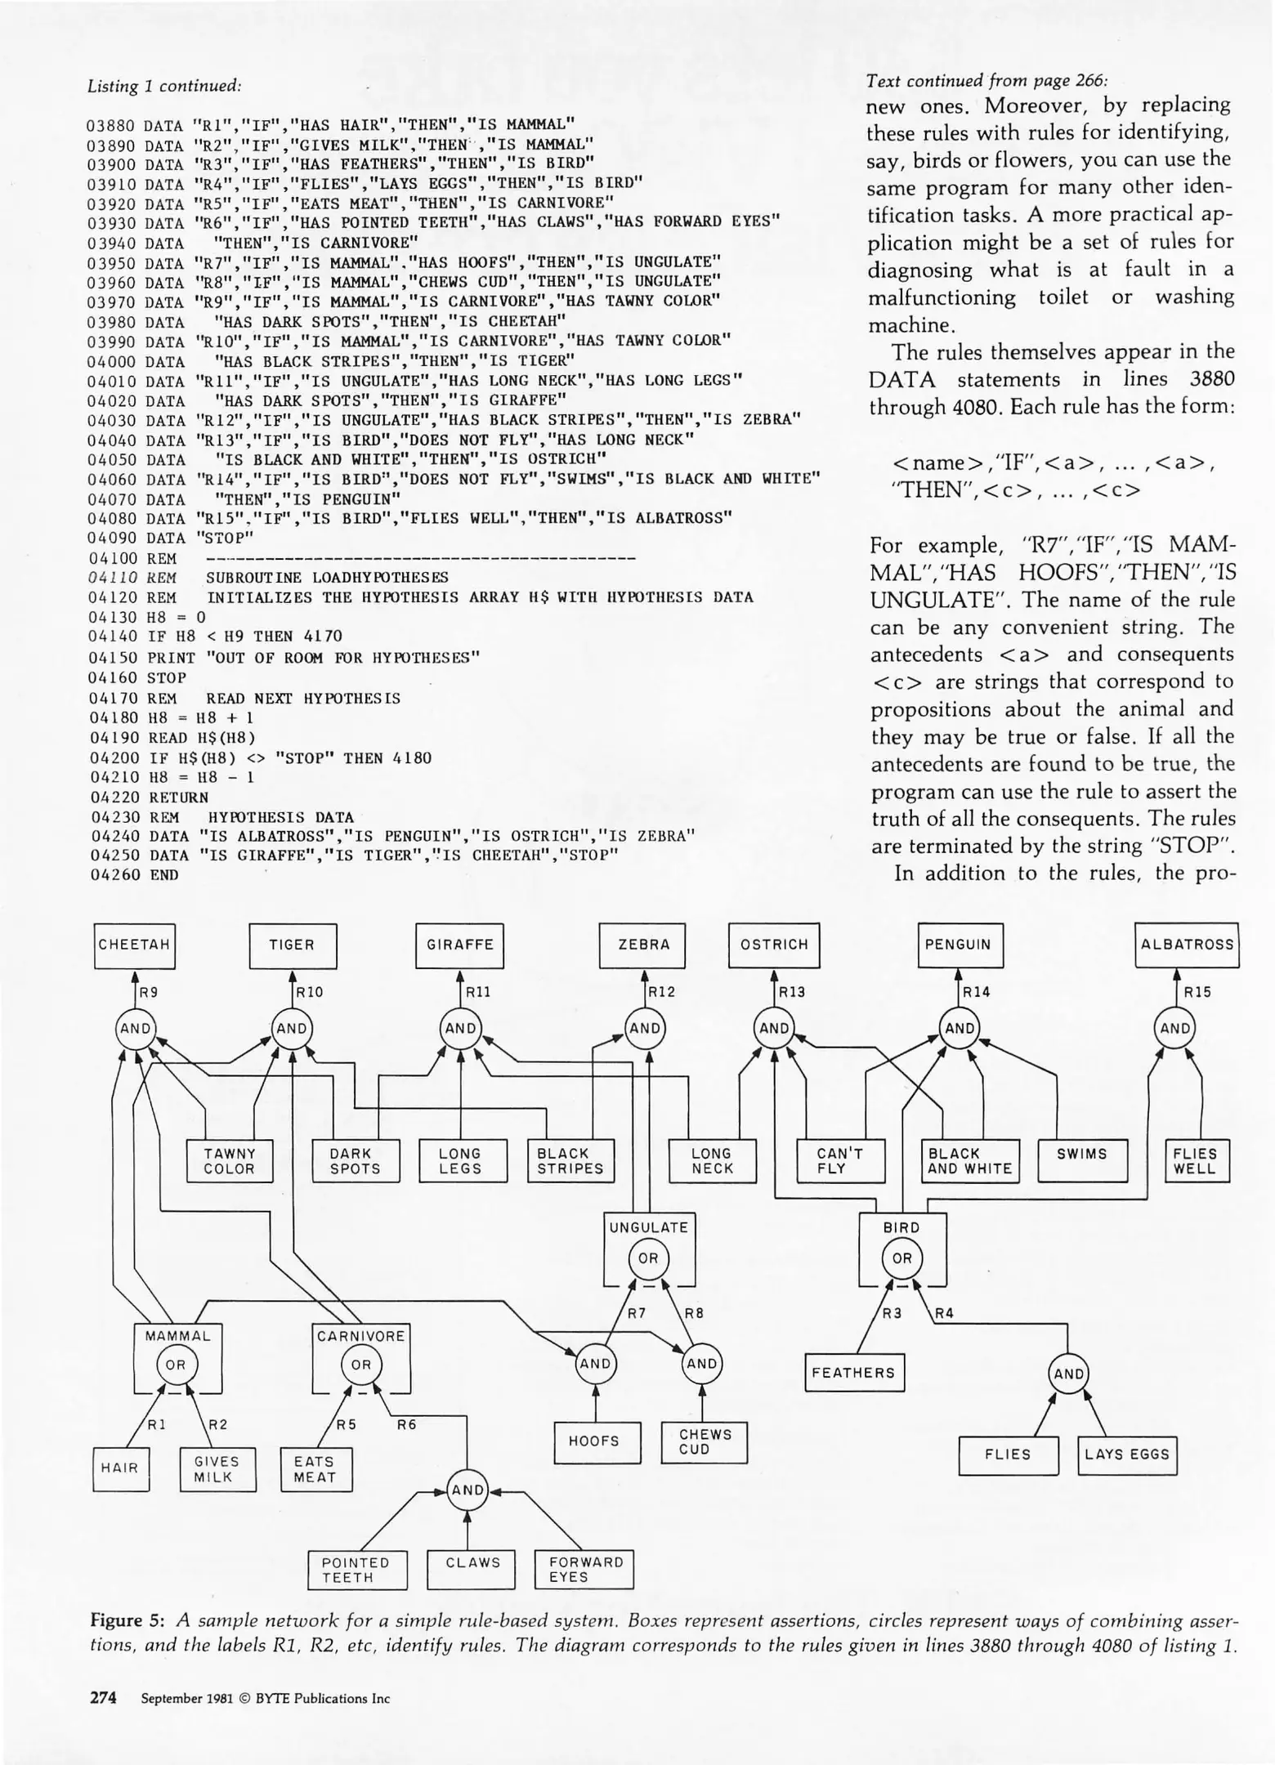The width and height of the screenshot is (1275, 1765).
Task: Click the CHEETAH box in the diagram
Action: [x=134, y=945]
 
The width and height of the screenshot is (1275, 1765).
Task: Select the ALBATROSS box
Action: [x=1187, y=945]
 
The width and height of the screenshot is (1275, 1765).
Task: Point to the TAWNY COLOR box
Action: [x=230, y=1161]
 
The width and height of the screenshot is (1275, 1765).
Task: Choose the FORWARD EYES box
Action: [x=584, y=1569]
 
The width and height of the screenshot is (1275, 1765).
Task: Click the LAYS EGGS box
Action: [x=1127, y=1454]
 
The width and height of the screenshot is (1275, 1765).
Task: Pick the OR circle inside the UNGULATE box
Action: [x=648, y=1258]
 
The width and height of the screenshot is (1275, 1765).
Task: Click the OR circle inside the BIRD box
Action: [x=901, y=1258]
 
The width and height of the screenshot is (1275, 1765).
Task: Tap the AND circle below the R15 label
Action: [x=1175, y=1029]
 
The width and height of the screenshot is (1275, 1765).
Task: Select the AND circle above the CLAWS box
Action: [x=467, y=1490]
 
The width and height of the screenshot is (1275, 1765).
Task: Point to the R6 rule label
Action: [x=406, y=1424]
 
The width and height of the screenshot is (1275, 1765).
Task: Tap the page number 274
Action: [x=103, y=1698]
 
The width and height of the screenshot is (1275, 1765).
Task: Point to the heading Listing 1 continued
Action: [x=164, y=86]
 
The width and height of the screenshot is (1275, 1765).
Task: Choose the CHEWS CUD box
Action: [x=705, y=1442]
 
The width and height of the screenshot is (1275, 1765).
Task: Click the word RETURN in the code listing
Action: [x=179, y=797]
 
